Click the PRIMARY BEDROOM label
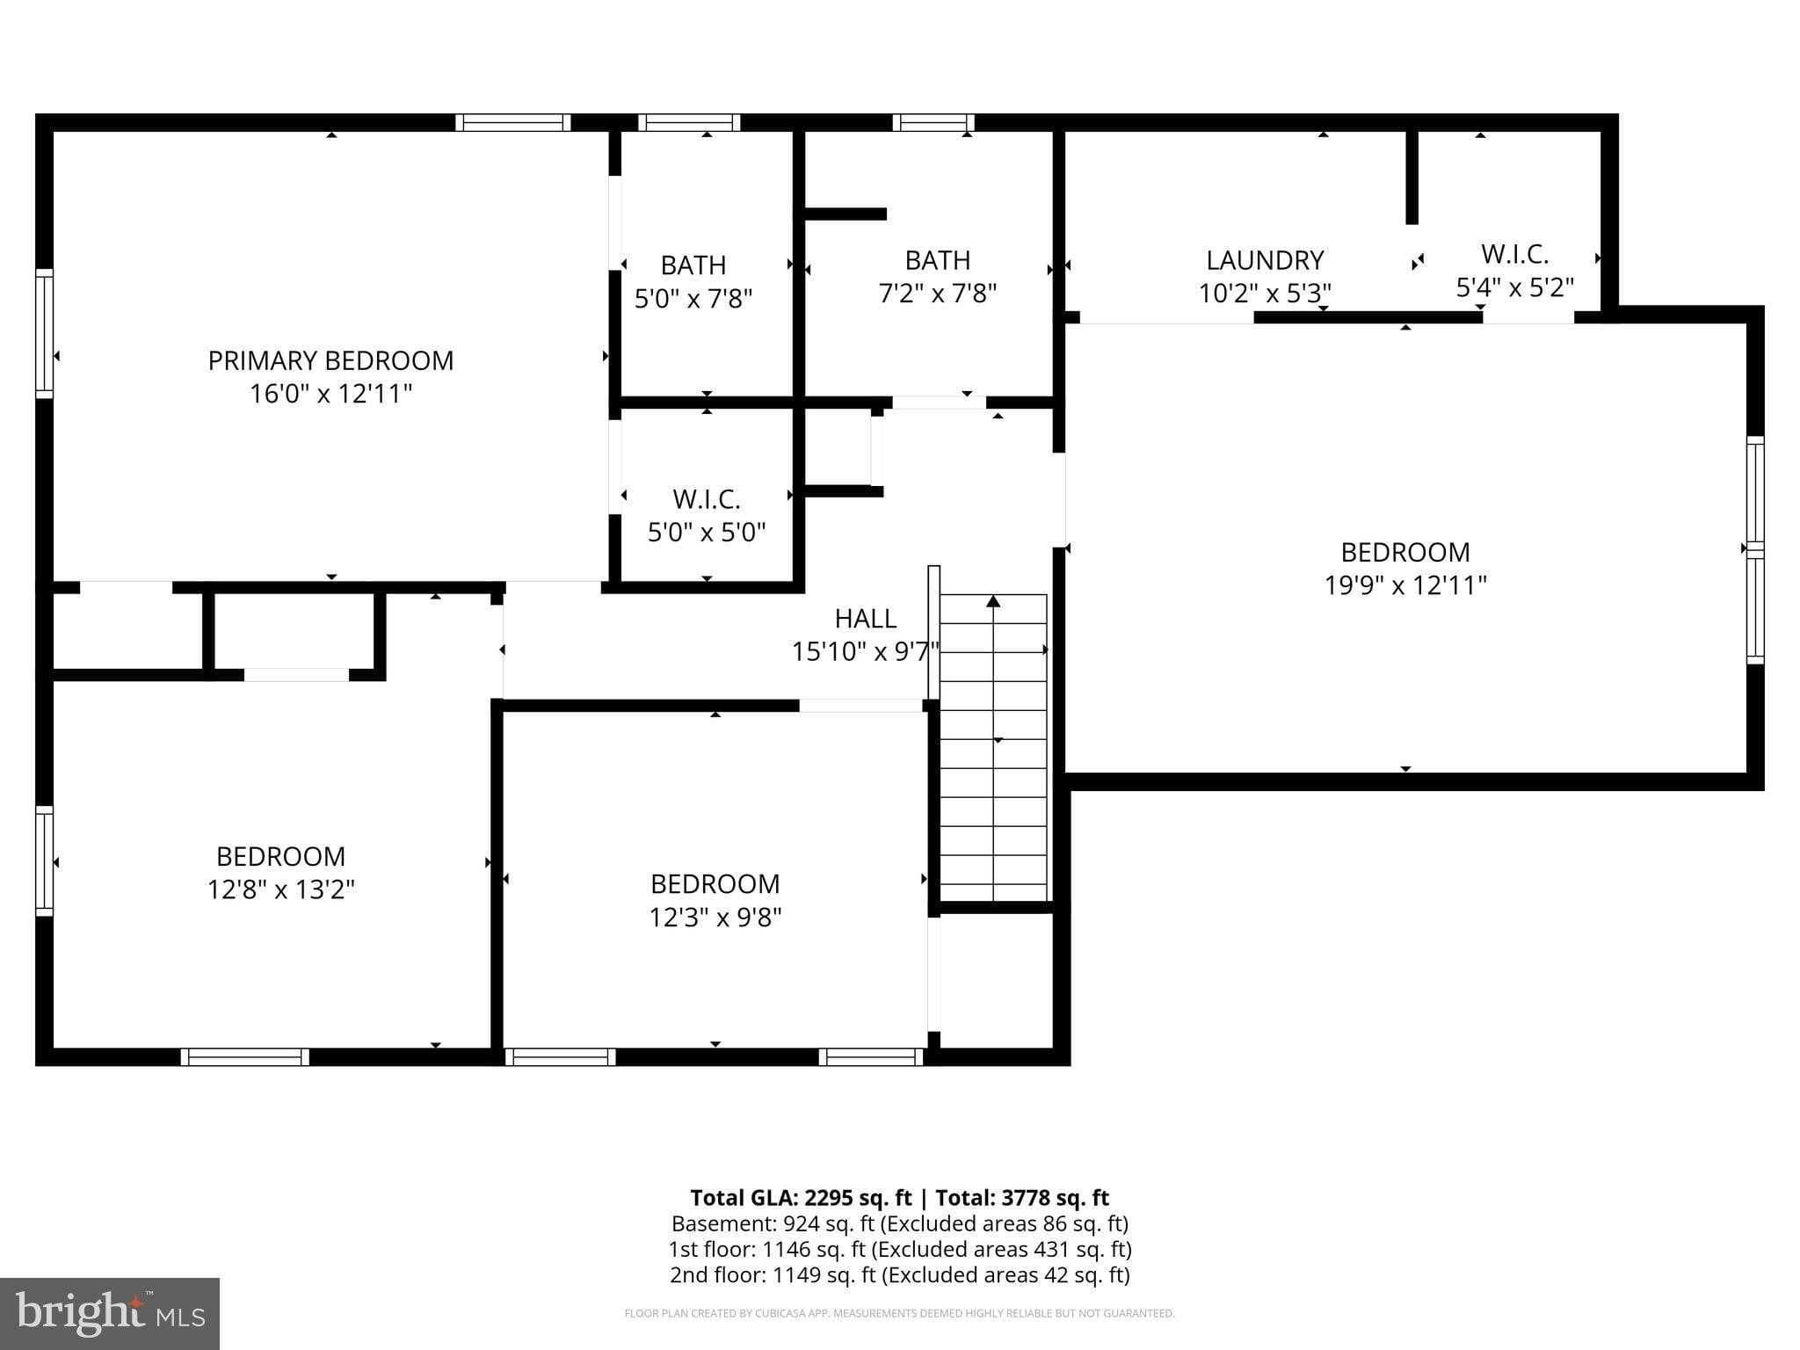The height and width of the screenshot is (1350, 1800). tap(330, 360)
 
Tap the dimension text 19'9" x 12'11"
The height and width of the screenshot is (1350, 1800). tap(1404, 585)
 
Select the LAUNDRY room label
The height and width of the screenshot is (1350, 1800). tap(1264, 260)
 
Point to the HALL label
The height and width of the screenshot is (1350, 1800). tap(865, 619)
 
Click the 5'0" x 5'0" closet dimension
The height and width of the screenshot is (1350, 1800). tap(706, 533)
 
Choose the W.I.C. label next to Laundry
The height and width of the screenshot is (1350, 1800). tap(1513, 254)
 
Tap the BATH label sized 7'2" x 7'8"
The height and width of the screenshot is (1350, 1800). tap(937, 260)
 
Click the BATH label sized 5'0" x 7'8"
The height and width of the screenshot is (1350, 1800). tap(693, 265)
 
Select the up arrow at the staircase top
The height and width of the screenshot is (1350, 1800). tap(993, 602)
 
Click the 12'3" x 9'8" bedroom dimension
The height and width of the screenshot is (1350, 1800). tap(715, 918)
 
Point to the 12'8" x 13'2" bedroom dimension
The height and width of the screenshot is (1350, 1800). tap(280, 889)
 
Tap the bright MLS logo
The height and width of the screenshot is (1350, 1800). tap(109, 1313)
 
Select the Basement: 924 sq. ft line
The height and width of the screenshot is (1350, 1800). tap(899, 1223)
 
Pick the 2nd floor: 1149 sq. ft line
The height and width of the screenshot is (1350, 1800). tap(899, 1274)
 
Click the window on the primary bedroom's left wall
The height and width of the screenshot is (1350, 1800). tap(44, 333)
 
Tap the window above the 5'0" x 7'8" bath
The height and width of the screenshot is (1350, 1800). tap(688, 123)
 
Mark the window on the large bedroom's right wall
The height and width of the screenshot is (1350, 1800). tap(1754, 549)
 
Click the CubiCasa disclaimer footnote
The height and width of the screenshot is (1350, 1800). tap(899, 1314)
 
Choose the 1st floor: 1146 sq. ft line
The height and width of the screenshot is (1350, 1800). tap(899, 1249)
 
